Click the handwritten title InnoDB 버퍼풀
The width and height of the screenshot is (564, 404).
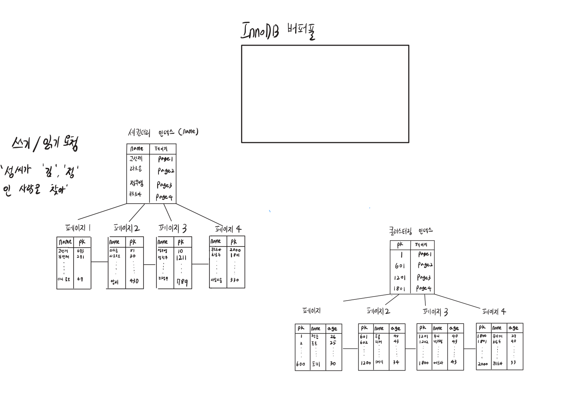pos(278,30)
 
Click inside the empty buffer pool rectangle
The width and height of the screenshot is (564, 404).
pos(325,94)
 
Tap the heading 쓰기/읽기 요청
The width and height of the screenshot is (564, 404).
pos(45,143)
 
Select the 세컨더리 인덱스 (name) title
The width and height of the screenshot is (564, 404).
pos(163,132)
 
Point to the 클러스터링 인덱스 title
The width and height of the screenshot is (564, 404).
pos(411,231)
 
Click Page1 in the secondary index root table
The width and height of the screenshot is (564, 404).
pos(165,159)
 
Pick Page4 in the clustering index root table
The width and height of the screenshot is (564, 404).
pos(424,288)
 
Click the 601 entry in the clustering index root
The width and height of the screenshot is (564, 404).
pos(399,266)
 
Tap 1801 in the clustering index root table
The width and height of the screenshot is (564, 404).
pos(399,289)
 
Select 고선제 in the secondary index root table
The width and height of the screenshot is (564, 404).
pos(136,159)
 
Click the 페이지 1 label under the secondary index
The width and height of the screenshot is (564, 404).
pos(78,228)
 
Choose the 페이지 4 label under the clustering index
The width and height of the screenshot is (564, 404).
pos(494,311)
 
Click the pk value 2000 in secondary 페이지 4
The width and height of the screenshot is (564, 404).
pos(234,250)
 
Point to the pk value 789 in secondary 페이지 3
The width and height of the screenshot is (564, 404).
pos(182,282)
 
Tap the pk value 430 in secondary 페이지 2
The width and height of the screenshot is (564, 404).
pos(134,281)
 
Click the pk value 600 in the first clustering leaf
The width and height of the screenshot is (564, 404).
pos(300,364)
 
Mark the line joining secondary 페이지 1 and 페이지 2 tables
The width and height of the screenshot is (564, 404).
pos(99,262)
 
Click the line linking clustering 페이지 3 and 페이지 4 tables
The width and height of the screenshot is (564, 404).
pos(470,349)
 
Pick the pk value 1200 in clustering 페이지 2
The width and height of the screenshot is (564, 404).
pos(365,363)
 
